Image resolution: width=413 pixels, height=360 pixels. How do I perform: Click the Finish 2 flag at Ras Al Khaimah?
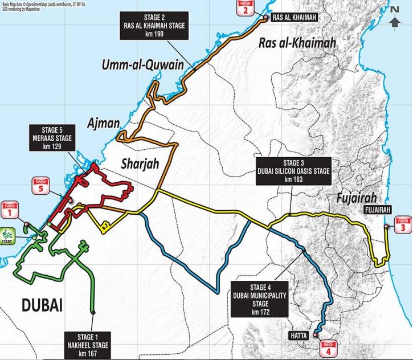coord(244,8)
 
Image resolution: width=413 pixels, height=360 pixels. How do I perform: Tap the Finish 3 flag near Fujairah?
coord(403,225)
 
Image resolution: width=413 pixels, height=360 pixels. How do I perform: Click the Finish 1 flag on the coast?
coord(9,210)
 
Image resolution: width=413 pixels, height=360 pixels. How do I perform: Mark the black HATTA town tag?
coord(300,336)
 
